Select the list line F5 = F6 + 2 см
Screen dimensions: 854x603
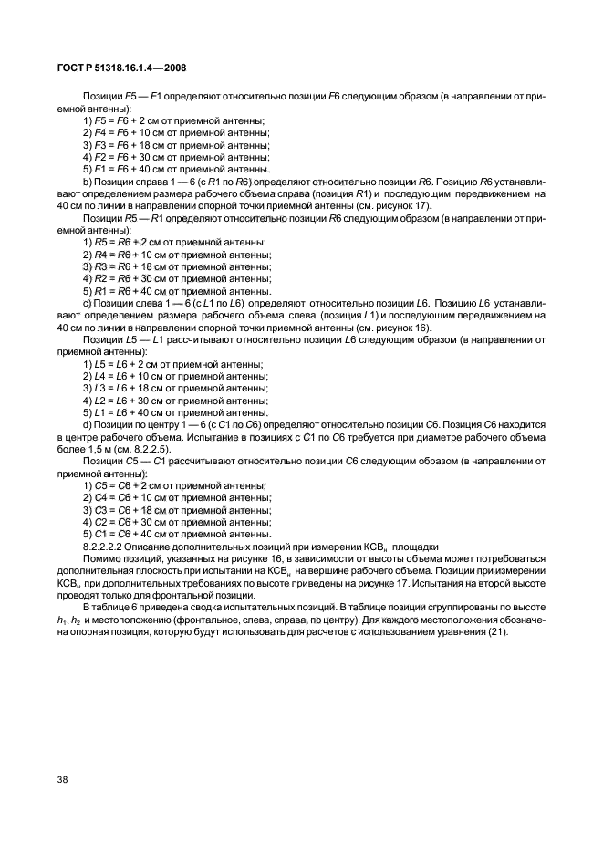173,120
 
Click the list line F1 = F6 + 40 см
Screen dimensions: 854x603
176,169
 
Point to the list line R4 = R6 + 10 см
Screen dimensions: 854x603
177,255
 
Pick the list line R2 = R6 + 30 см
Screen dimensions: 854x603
177,278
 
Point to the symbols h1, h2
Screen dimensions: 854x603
69,621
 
